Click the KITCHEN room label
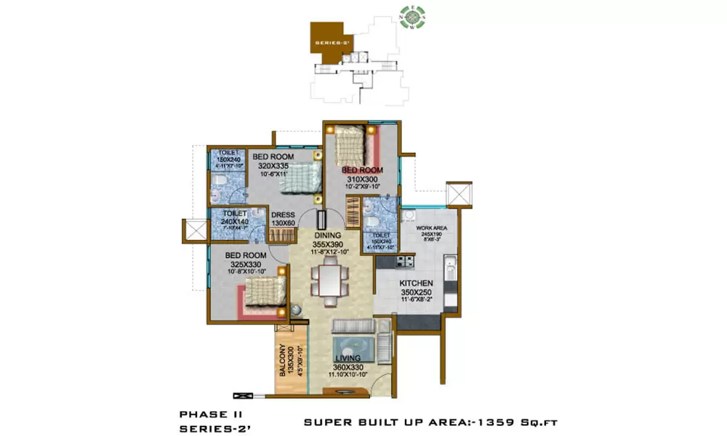tap(416, 283)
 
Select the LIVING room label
tap(348, 358)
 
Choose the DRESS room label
tap(282, 215)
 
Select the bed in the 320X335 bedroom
tap(298, 177)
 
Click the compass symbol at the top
tap(410, 17)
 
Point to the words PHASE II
tap(206, 414)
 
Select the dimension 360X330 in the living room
tap(348, 368)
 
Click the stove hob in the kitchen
tap(404, 260)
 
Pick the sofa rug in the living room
tap(353, 342)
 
